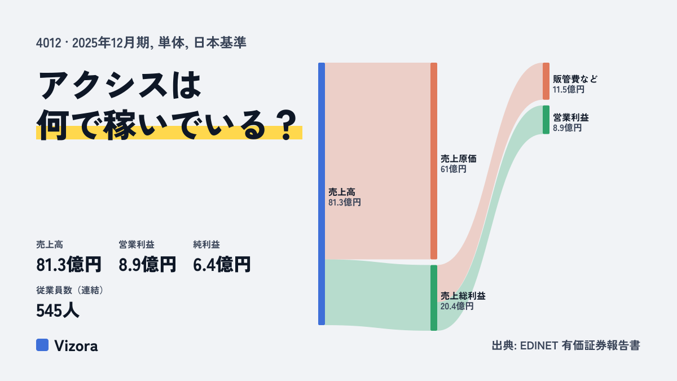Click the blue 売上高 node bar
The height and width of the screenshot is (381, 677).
click(322, 194)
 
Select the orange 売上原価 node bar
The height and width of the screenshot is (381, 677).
click(434, 161)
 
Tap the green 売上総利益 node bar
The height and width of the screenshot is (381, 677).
click(434, 298)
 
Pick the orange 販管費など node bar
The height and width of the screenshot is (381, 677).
click(546, 81)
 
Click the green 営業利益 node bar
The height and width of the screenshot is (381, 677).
click(546, 120)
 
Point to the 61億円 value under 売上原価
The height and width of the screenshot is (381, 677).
click(454, 169)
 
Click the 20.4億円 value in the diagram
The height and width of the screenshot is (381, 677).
click(456, 306)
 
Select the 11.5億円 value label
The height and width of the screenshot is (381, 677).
click(569, 90)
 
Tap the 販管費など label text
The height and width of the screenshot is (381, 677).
click(575, 79)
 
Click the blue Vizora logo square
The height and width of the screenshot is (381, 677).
click(42, 345)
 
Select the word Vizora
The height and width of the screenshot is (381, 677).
click(76, 346)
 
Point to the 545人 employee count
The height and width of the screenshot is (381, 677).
click(58, 310)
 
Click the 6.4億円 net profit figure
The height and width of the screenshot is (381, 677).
click(222, 264)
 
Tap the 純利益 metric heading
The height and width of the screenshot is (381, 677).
click(206, 244)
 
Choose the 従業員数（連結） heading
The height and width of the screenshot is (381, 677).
click(70, 290)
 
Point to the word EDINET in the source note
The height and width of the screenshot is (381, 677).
click(539, 345)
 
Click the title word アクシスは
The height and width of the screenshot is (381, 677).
click(120, 85)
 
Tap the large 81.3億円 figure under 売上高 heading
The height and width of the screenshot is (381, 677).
click(69, 264)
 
